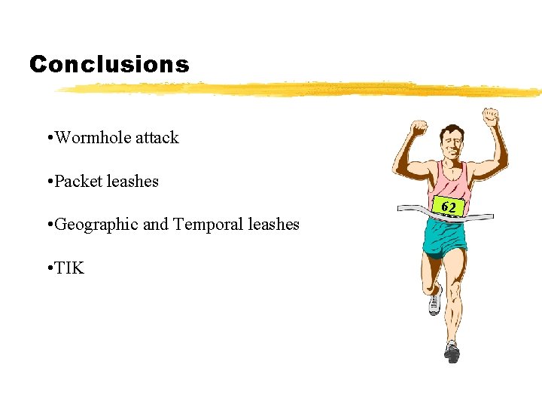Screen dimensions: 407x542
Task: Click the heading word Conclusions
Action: pos(109,65)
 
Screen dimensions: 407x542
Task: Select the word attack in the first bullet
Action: pos(158,138)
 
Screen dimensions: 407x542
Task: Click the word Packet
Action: pos(80,181)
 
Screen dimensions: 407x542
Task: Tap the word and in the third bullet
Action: pos(155,225)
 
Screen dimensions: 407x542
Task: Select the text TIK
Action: pos(69,268)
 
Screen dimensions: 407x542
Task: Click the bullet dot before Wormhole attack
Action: pos(49,139)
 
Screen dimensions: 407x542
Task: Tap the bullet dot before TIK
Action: pos(49,268)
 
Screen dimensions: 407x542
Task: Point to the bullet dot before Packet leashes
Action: pos(49,182)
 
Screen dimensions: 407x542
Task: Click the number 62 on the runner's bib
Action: pos(449,207)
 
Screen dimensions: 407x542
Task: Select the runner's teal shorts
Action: pos(445,238)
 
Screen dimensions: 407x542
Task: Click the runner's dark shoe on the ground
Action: pos(452,351)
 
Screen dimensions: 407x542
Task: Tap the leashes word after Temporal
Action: pos(274,225)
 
